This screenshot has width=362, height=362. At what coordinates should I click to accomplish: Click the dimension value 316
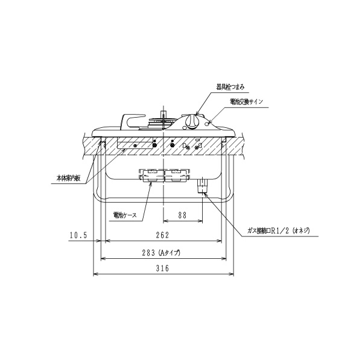tap(162, 268)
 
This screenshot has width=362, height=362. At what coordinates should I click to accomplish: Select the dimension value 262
tap(162, 235)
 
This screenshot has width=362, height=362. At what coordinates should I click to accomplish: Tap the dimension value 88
tap(182, 215)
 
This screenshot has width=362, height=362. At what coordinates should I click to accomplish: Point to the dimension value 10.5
tap(78, 235)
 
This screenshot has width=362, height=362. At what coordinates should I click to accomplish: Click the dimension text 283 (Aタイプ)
tap(160, 253)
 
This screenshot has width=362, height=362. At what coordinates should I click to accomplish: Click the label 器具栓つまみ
tap(230, 87)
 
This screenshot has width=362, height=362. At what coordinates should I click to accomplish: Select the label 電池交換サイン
tap(246, 101)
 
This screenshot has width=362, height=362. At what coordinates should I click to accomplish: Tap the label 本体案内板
tap(69, 178)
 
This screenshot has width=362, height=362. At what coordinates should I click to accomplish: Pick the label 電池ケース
tap(125, 215)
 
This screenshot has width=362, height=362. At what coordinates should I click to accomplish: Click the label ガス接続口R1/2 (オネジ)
tap(278, 230)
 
